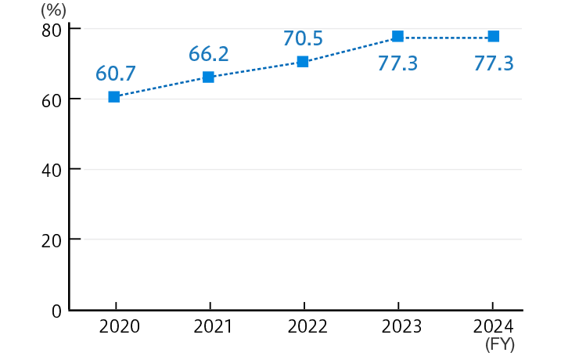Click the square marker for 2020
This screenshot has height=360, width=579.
pyautogui.click(x=114, y=97)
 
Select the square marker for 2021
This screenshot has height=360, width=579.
pyautogui.click(x=208, y=77)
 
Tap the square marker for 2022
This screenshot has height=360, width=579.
pyautogui.click(x=303, y=62)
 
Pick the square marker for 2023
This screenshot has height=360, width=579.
pyautogui.click(x=397, y=37)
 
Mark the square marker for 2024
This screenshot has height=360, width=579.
pyautogui.click(x=493, y=37)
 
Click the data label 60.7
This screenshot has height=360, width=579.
pyautogui.click(x=116, y=74)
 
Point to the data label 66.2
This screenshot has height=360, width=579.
pyautogui.click(x=208, y=54)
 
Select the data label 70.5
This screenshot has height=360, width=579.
pyautogui.click(x=303, y=38)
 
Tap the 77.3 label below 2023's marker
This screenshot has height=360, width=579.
pyautogui.click(x=397, y=63)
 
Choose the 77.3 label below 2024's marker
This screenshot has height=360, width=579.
pyautogui.click(x=494, y=63)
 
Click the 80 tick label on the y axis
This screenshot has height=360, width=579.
pyautogui.click(x=52, y=30)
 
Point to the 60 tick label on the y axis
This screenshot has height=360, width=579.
pyautogui.click(x=52, y=99)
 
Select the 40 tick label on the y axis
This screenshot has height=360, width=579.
pyautogui.click(x=52, y=170)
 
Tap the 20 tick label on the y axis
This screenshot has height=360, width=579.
pyautogui.click(x=52, y=240)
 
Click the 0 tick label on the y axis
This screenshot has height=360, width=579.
pyautogui.click(x=57, y=311)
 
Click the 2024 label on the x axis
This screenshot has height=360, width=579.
pyautogui.click(x=494, y=326)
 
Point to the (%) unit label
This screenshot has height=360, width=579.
pyautogui.click(x=53, y=11)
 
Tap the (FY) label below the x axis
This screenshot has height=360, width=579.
pyautogui.click(x=500, y=344)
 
